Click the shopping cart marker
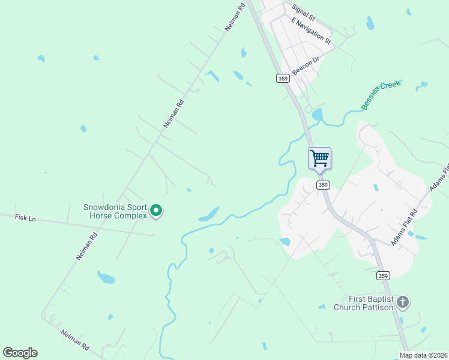[319, 159]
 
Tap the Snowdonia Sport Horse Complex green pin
[156, 211]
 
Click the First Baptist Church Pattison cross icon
[402, 302]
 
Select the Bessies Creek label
[381, 94]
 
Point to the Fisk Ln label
[25, 218]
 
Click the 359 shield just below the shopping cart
[323, 185]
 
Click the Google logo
[20, 353]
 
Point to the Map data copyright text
[424, 355]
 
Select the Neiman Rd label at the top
[235, 17]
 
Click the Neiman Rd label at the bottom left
[75, 340]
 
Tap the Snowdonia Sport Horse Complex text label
[115, 211]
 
